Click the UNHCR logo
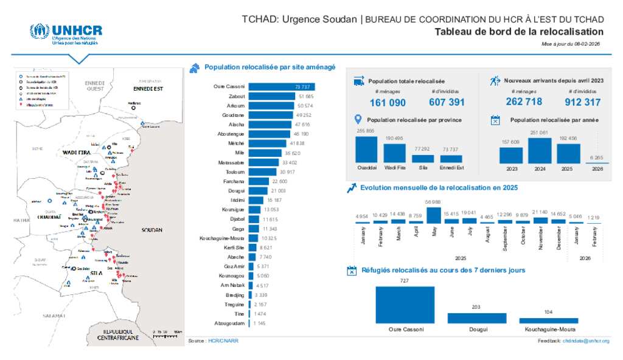pos(66,35)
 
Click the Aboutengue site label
pos(231,134)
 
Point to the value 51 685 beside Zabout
pos(306,97)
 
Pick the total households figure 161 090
pos(388,103)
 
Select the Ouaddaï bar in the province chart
pos(366,150)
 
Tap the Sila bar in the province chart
pos(422,159)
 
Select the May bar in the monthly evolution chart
pos(433,216)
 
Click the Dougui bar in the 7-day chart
pos(476,318)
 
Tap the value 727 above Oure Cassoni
pos(405,281)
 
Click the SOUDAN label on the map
pos(151,230)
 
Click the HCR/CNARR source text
pos(223,341)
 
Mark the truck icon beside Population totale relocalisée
pos(358,80)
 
